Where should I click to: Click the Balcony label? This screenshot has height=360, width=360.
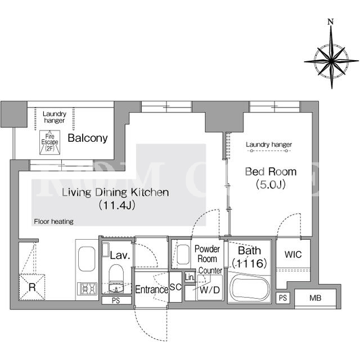(88, 138)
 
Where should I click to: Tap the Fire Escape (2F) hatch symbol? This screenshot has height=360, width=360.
(50, 142)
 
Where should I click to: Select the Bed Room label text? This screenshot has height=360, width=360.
(271, 172)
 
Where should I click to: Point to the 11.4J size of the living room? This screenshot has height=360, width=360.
(117, 205)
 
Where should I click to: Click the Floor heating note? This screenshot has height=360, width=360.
(54, 222)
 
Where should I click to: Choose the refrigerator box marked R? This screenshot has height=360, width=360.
(32, 287)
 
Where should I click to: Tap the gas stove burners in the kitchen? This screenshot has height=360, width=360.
(87, 289)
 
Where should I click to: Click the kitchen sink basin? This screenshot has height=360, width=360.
(87, 259)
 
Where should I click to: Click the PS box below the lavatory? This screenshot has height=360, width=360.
(116, 300)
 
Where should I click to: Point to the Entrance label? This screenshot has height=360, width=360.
(152, 290)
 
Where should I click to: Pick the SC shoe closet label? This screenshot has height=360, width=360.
(175, 287)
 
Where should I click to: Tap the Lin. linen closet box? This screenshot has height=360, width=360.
(190, 277)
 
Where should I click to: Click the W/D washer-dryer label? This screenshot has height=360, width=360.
(210, 290)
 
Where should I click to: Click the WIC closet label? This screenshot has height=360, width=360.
(293, 254)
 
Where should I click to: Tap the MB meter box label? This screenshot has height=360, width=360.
(315, 298)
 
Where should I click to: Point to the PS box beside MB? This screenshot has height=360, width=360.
(283, 298)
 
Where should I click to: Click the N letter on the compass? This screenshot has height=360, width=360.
(331, 22)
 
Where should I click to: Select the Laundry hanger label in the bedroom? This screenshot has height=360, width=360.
(269, 145)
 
